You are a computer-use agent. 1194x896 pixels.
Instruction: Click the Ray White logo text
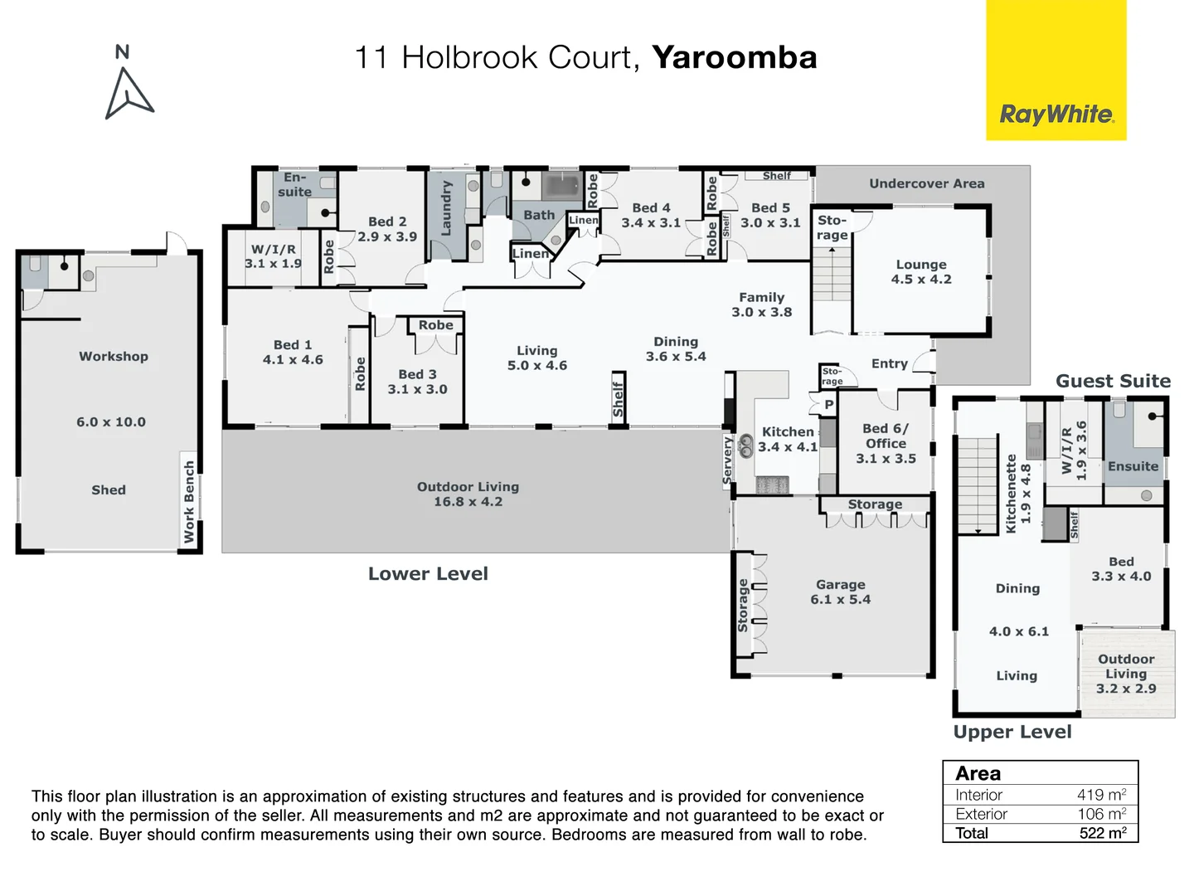click(1056, 114)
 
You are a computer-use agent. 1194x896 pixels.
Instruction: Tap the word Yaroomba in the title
click(734, 57)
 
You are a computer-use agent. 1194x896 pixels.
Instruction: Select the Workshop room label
click(114, 356)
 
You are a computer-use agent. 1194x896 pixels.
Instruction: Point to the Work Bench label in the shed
click(189, 502)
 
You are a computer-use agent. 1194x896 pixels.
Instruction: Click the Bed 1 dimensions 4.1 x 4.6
click(293, 359)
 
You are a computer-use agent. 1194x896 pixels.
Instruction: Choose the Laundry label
click(446, 207)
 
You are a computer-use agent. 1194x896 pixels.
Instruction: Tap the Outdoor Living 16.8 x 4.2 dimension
click(468, 501)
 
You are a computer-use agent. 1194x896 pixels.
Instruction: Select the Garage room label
click(840, 584)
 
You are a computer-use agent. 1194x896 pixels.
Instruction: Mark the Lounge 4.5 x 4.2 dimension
click(921, 279)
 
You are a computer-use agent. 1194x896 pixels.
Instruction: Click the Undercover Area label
click(926, 183)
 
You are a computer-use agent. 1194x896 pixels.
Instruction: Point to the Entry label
click(889, 363)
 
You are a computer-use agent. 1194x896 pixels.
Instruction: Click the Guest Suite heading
click(1113, 381)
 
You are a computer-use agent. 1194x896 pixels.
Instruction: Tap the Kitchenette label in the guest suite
click(1011, 493)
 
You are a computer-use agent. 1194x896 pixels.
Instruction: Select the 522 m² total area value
click(1102, 833)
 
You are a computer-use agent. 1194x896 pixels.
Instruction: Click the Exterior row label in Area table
click(981, 814)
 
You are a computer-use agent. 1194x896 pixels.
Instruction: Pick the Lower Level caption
click(428, 573)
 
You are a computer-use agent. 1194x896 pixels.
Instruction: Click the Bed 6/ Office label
click(886, 436)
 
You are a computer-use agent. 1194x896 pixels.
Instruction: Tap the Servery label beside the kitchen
click(728, 460)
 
